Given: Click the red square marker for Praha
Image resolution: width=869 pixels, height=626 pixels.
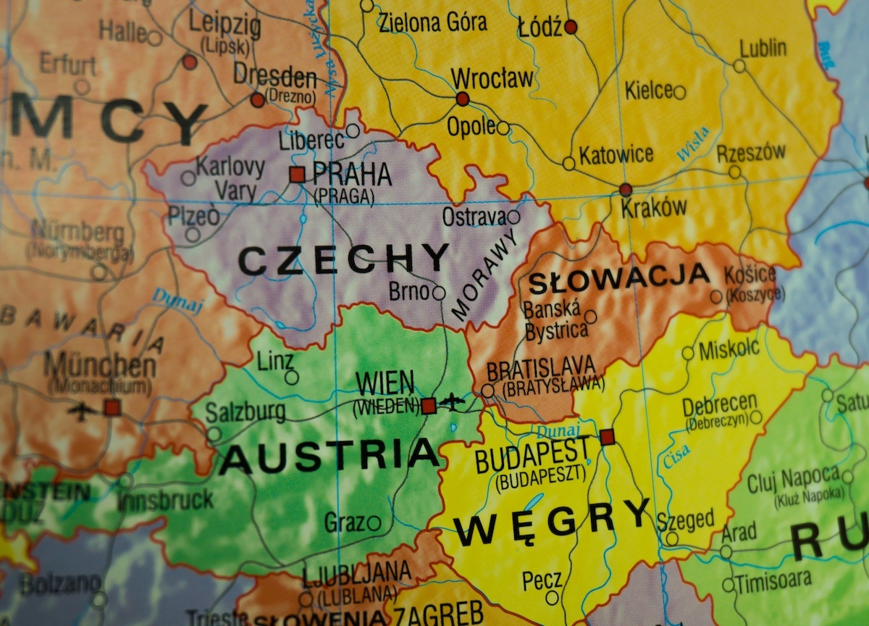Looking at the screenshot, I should tap(297, 174).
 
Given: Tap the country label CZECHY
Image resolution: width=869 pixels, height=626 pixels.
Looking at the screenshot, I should tap(344, 259).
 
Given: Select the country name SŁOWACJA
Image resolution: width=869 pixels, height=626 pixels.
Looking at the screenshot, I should tap(620, 276).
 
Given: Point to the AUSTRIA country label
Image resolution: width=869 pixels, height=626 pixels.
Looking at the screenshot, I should tap(329, 456).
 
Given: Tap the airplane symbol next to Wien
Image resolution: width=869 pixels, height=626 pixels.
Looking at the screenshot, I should tap(454, 401).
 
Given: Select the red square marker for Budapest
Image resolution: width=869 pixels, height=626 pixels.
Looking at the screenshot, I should tap(607, 437).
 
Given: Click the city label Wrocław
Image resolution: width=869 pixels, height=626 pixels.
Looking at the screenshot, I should tap(492, 78).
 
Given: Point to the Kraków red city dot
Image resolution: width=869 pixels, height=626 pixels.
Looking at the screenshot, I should tap(626, 190).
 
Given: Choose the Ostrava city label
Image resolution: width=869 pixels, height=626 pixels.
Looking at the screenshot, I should tap(474, 217).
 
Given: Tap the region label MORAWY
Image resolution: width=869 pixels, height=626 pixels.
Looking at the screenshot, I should tap(484, 275).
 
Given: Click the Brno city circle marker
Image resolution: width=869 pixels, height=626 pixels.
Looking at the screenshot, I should tap(439, 293).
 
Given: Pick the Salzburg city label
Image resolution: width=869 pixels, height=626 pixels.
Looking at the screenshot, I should tap(245, 412).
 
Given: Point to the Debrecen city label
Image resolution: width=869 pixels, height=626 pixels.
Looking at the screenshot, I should tap(719, 404).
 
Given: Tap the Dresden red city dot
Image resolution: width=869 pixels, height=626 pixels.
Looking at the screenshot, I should tap(258, 100).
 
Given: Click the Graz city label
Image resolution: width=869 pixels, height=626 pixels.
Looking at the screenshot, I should tap(344, 522).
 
